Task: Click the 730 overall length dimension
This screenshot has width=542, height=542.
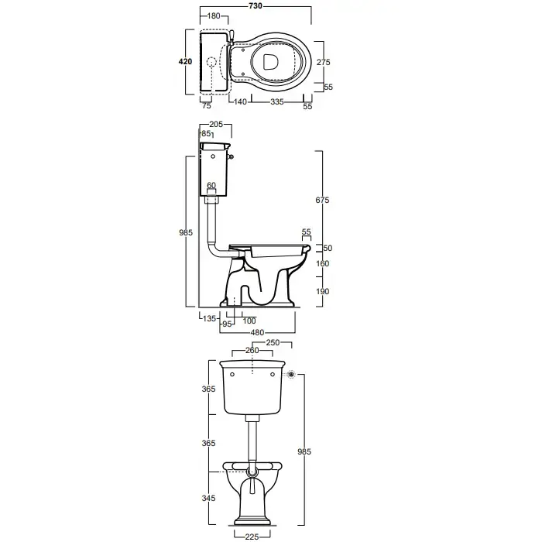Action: coord(256,6)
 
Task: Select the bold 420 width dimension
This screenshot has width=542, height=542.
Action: coord(185,61)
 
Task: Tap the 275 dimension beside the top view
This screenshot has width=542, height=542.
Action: coord(323,62)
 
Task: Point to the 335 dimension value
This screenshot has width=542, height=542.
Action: coord(277,101)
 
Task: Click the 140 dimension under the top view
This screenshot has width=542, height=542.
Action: coord(240,101)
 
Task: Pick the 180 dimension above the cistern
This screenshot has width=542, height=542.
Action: coord(214,16)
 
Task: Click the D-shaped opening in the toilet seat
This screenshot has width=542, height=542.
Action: coord(270,62)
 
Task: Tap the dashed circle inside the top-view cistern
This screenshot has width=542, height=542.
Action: coord(211,62)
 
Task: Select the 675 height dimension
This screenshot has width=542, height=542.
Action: coord(322,200)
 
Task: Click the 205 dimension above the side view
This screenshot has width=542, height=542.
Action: coord(216,125)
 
